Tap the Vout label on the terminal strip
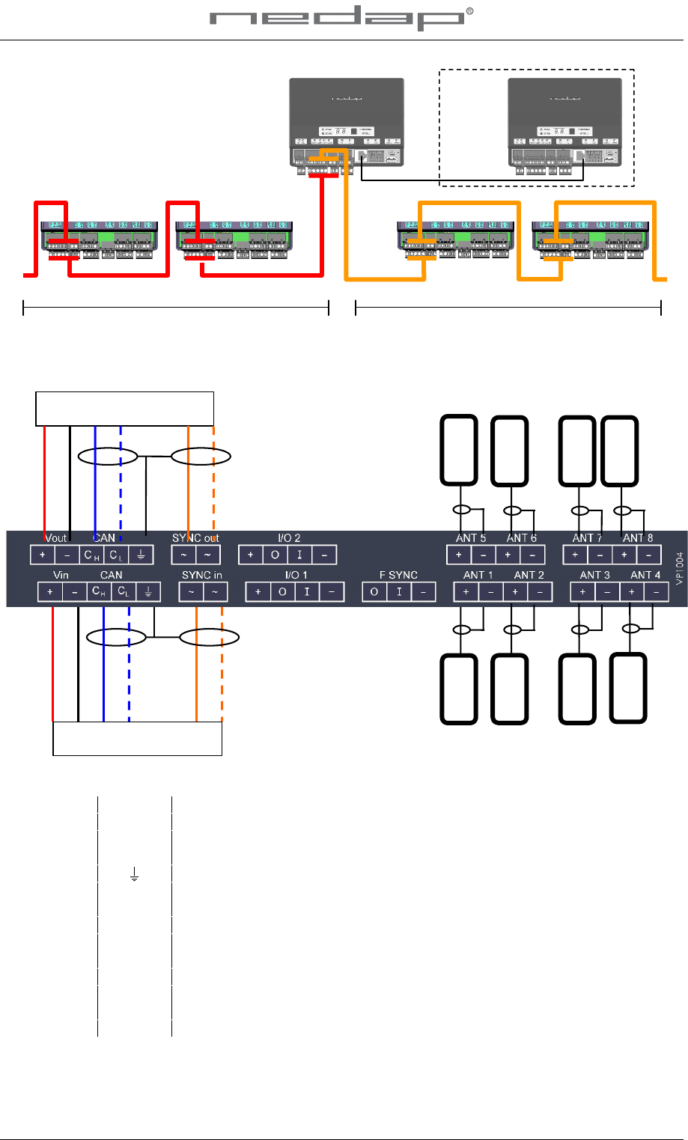pos(56,537)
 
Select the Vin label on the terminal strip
pos(61,575)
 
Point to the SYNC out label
pos(195,537)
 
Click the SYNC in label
pos(201,575)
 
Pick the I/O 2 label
pos(289,537)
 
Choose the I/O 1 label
pos(296,575)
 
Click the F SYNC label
pos(398,575)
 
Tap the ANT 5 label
pos(471,537)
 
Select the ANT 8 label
pos(637,537)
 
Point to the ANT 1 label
pos(478,575)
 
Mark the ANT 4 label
pos(645,575)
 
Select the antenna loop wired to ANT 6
pos(509,450)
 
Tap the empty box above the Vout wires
pos(125,409)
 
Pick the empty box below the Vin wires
pos(138,739)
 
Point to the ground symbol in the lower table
pos(135,874)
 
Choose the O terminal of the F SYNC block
pos(374,592)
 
